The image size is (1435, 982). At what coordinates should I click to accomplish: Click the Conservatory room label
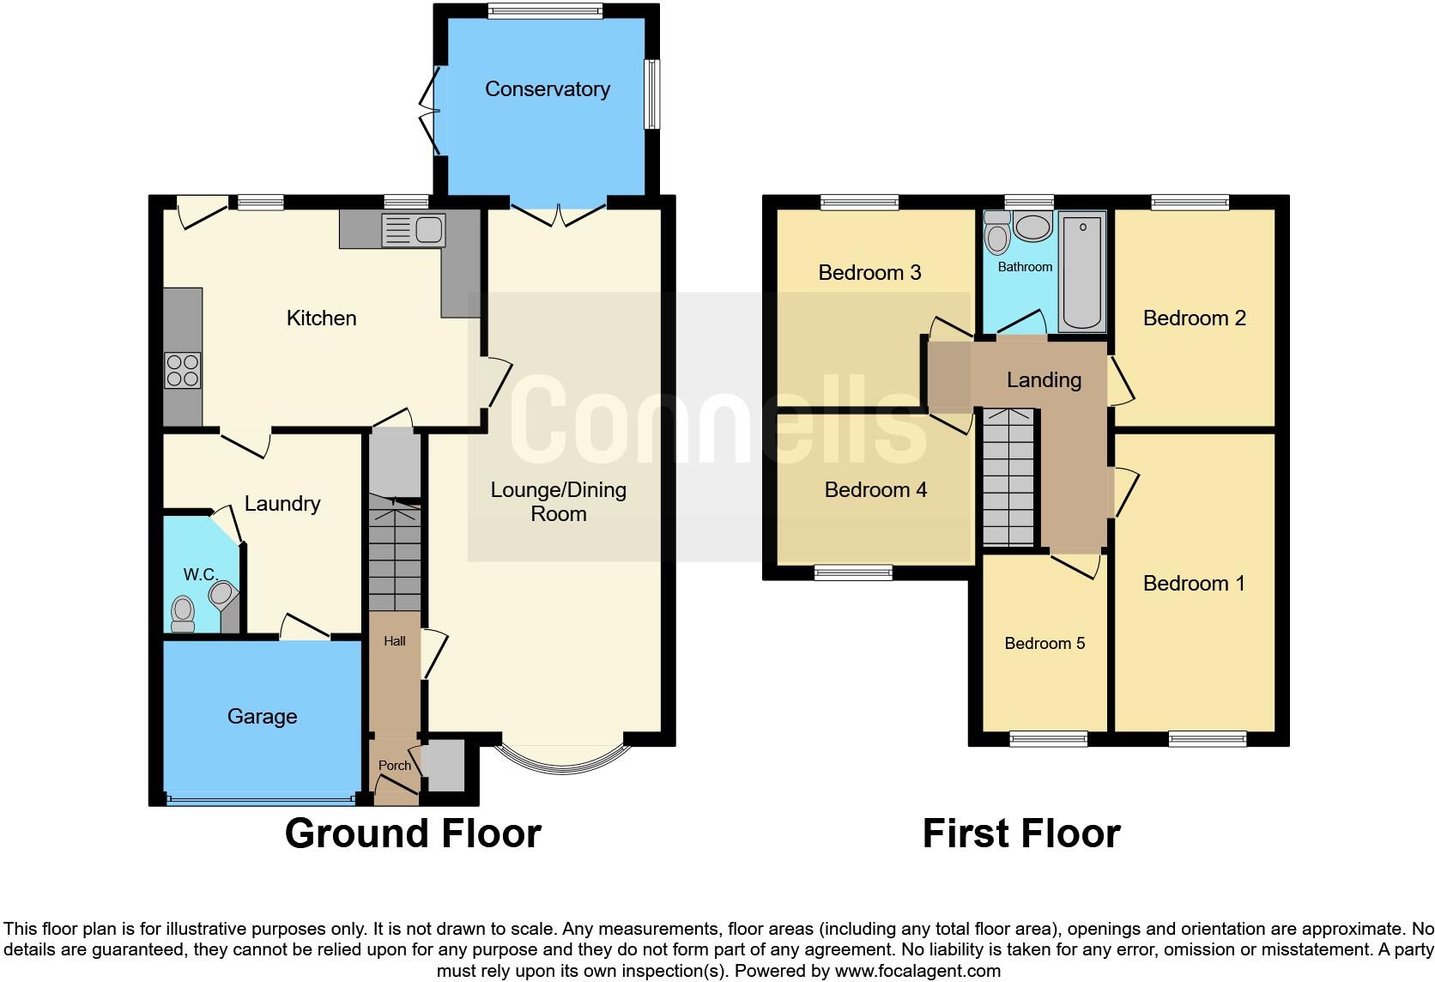coord(547,89)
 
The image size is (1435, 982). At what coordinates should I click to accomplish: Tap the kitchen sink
coord(414,229)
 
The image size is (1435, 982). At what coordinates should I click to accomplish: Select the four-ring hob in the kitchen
coord(183,371)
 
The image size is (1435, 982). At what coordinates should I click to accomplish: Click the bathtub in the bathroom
coord(1081,271)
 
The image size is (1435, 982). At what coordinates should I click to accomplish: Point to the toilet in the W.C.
coord(183,613)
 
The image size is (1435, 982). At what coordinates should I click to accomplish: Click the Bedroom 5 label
coord(1044,644)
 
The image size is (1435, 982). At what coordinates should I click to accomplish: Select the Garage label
coord(262,717)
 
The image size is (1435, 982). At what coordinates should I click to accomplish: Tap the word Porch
coord(395,766)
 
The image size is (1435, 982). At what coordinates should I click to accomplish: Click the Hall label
coord(395,641)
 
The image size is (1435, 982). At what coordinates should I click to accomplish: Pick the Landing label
coord(1044,380)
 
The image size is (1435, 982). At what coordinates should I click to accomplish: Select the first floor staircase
coord(1008,481)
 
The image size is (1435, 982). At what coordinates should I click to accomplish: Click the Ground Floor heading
coord(413,833)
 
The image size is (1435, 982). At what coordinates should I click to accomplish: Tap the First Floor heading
coord(1020,833)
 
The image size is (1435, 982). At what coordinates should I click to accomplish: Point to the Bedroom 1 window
coord(1207,738)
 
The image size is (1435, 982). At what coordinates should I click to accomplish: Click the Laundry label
coord(282,504)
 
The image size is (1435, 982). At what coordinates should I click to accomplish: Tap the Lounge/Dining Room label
coord(558,502)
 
